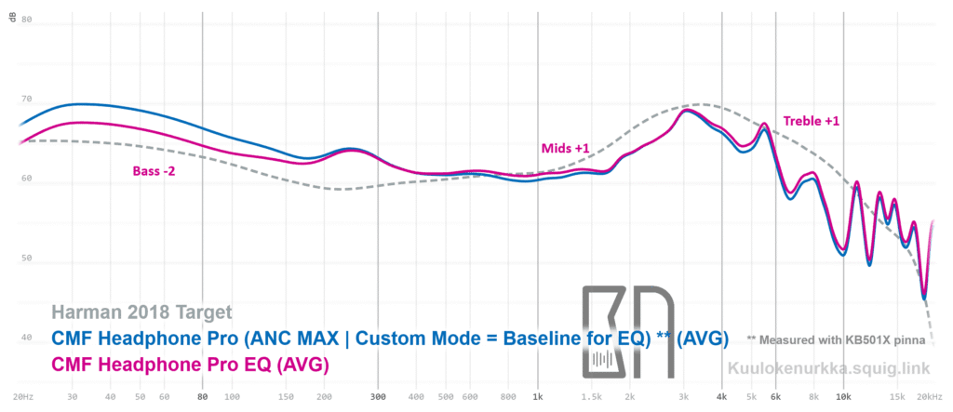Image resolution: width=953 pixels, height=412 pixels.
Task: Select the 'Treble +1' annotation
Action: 812,121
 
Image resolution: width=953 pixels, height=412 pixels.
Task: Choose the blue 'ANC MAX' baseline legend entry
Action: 390,338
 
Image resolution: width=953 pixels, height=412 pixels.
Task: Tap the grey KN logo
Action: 623,332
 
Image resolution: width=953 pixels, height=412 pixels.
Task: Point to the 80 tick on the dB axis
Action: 26,19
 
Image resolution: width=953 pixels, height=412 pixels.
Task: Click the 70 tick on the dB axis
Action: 26,99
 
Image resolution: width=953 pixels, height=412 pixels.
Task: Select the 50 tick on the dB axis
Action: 26,259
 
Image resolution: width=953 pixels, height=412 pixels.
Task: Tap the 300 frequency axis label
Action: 378,396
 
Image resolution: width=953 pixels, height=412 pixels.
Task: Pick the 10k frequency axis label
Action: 843,396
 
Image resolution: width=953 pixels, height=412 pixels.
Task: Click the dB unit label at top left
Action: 12,19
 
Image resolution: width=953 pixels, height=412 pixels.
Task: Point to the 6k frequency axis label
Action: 775,396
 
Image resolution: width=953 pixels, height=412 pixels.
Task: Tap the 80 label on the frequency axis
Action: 203,396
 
